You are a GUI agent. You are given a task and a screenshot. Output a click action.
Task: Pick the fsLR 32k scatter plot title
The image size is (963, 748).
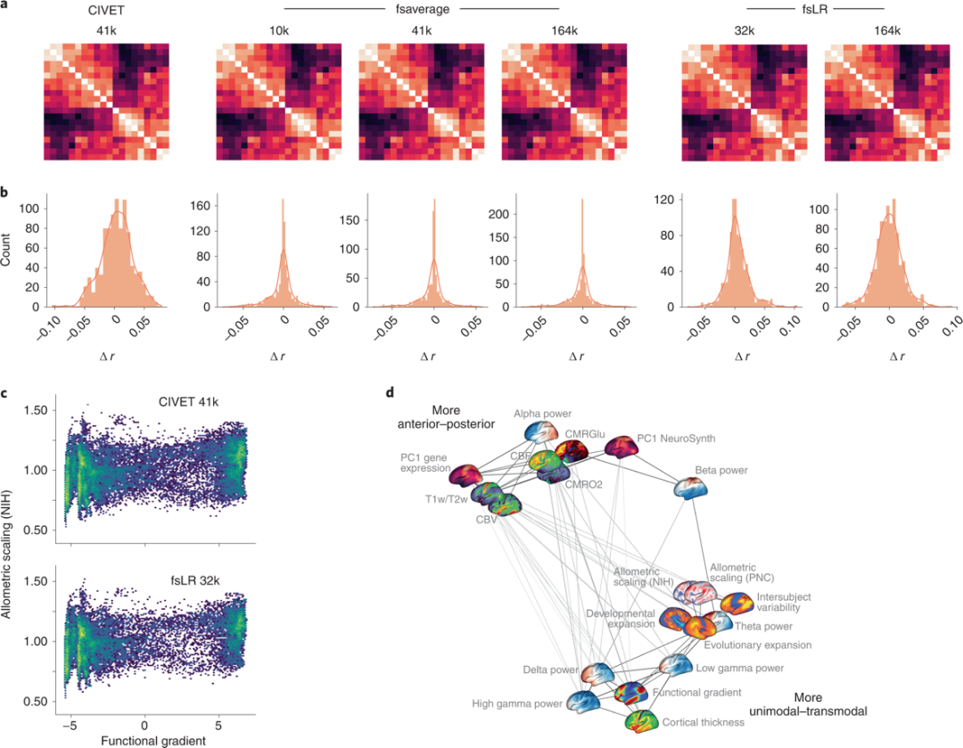click(194, 582)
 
